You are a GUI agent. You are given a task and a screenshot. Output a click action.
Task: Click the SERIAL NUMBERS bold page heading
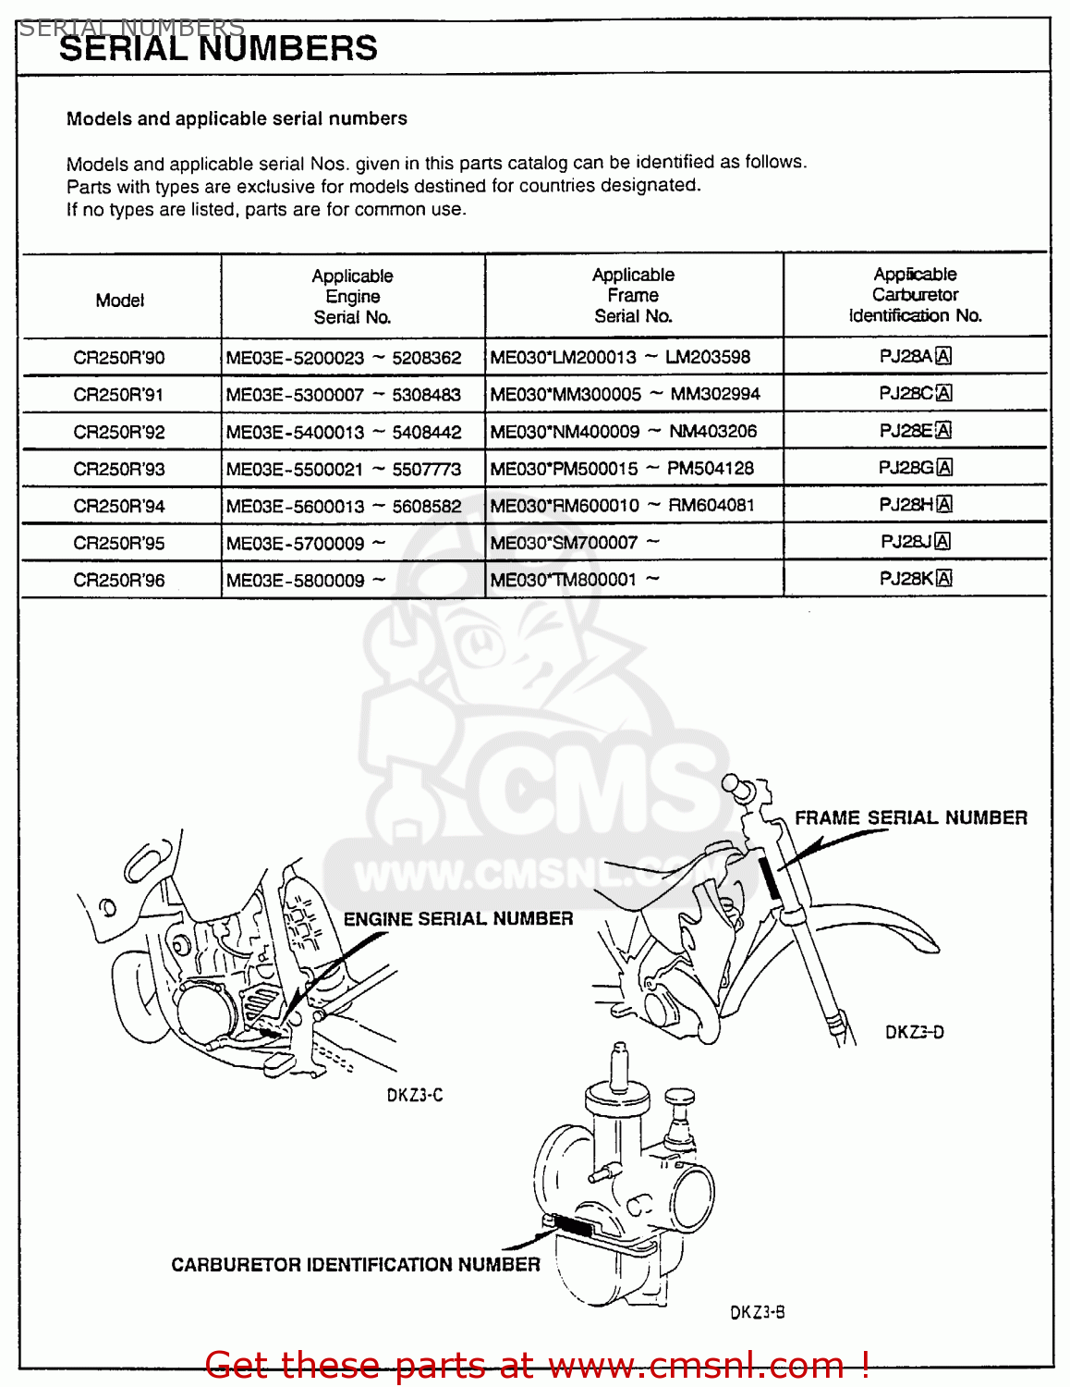pyautogui.click(x=218, y=49)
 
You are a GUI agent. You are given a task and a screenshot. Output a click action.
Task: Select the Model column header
pyautogui.click(x=120, y=301)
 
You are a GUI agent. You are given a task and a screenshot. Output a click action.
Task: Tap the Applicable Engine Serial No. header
pyautogui.click(x=352, y=297)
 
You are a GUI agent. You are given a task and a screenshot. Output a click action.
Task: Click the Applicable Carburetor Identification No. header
pyautogui.click(x=915, y=295)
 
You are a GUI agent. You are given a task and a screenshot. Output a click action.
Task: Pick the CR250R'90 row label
pyautogui.click(x=119, y=358)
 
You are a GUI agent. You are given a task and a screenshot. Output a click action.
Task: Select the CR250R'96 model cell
pyautogui.click(x=119, y=581)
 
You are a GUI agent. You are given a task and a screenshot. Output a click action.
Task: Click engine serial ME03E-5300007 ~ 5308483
pyautogui.click(x=343, y=395)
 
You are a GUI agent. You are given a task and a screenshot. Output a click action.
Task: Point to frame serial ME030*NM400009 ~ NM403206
pyautogui.click(x=624, y=431)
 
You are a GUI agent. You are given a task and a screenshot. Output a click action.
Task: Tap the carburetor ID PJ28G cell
pyautogui.click(x=915, y=468)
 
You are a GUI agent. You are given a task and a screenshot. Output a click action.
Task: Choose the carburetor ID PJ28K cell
pyautogui.click(x=915, y=579)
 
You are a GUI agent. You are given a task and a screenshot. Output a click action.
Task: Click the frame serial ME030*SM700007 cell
pyautogui.click(x=575, y=543)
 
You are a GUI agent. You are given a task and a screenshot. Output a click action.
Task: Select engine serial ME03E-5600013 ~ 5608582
pyautogui.click(x=343, y=506)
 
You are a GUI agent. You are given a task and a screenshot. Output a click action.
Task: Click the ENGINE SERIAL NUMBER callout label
pyautogui.click(x=458, y=919)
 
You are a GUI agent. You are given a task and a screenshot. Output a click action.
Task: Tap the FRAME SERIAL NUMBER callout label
pyautogui.click(x=911, y=818)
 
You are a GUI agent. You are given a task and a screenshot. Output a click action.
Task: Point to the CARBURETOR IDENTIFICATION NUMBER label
pyautogui.click(x=356, y=1265)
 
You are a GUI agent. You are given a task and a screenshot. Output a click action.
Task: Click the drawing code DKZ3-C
pyautogui.click(x=415, y=1096)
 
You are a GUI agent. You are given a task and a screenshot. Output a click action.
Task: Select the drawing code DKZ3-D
pyautogui.click(x=915, y=1033)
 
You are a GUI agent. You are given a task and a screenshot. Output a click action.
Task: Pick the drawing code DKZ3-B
pyautogui.click(x=758, y=1312)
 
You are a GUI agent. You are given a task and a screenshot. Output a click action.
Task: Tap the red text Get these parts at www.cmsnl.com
pyautogui.click(x=536, y=1365)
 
